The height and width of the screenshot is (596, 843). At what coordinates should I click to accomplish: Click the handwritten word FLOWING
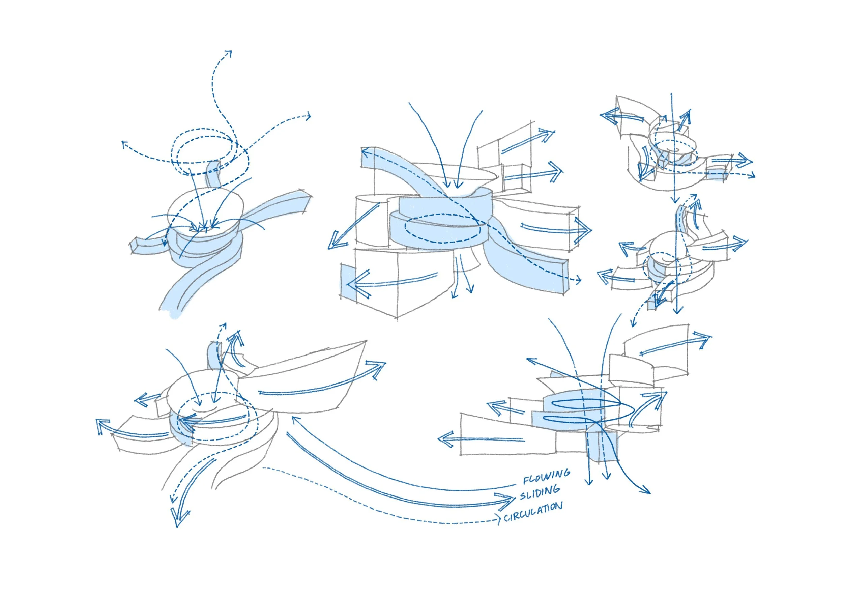coord(546,477)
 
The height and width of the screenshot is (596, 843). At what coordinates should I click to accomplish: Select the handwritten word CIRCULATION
coord(533,512)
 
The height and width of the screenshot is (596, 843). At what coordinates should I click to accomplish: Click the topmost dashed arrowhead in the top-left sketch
coord(229,54)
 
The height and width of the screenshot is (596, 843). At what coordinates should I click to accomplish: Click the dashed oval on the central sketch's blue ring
coord(442,228)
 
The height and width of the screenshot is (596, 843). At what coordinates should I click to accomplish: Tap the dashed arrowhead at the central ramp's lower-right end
coord(578,281)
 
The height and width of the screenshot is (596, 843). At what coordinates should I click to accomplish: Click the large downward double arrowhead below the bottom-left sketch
coord(179,518)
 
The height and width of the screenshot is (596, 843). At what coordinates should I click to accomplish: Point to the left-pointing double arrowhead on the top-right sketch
coord(608,116)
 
